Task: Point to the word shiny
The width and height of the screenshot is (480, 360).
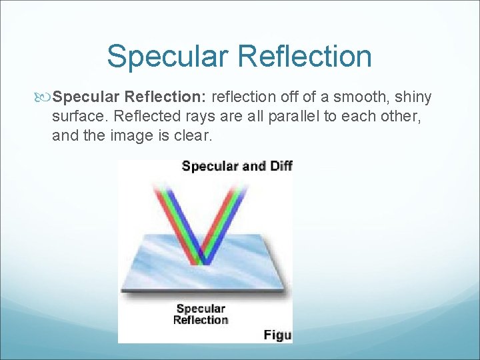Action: pos(413,98)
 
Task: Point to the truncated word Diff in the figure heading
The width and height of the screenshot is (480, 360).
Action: pos(281,166)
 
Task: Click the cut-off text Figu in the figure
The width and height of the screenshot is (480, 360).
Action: pos(277,335)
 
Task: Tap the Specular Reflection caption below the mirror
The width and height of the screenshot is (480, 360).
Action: pos(201,314)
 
